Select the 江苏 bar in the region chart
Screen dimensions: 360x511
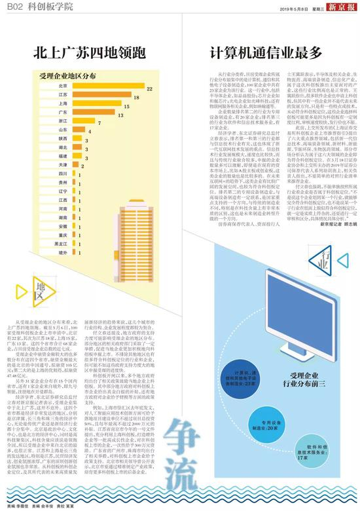(99, 95)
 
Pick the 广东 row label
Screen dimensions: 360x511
(62, 113)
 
